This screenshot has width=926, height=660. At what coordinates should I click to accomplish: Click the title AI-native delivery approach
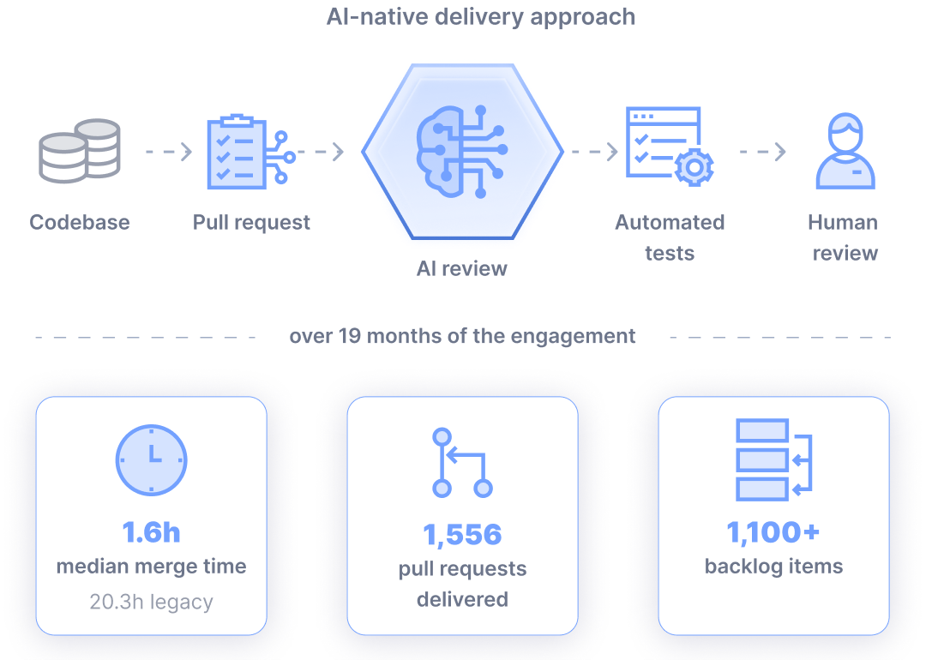click(481, 17)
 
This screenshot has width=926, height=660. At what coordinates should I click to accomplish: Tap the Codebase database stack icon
click(80, 151)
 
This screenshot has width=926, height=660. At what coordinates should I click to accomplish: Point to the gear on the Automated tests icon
click(694, 168)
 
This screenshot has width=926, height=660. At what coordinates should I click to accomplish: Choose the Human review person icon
click(845, 151)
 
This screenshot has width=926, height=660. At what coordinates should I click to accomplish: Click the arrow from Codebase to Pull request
click(170, 152)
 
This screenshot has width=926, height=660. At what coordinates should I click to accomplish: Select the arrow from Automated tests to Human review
click(764, 152)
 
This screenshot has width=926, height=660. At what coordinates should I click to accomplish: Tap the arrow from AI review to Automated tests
click(595, 152)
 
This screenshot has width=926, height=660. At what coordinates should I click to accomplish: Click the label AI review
click(462, 268)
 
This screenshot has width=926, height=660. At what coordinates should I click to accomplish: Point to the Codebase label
click(80, 223)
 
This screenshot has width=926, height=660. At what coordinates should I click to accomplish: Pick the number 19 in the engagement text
click(349, 336)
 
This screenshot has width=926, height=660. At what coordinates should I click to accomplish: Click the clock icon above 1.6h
click(151, 460)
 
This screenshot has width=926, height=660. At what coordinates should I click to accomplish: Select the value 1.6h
click(151, 532)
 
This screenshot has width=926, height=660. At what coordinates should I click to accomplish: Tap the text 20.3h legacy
click(151, 602)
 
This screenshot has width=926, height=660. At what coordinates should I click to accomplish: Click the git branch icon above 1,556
click(462, 463)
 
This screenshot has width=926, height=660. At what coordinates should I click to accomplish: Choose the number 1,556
click(462, 535)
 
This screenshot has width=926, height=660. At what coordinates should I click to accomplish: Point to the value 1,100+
click(773, 532)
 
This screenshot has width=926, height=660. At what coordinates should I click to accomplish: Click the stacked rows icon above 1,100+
click(773, 460)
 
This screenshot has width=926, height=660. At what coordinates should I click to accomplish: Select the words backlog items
click(773, 566)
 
